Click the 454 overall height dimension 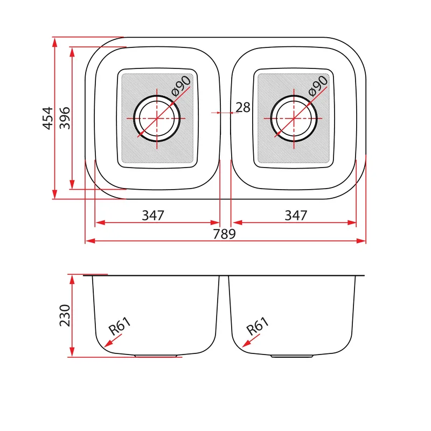(47, 118)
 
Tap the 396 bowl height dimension (65, 118)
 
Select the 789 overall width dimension (224, 234)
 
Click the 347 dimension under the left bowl (153, 215)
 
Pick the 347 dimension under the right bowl (296, 215)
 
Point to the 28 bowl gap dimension (243, 107)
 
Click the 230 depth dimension (65, 315)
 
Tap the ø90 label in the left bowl (181, 86)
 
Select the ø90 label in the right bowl (318, 86)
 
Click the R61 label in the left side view (120, 326)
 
